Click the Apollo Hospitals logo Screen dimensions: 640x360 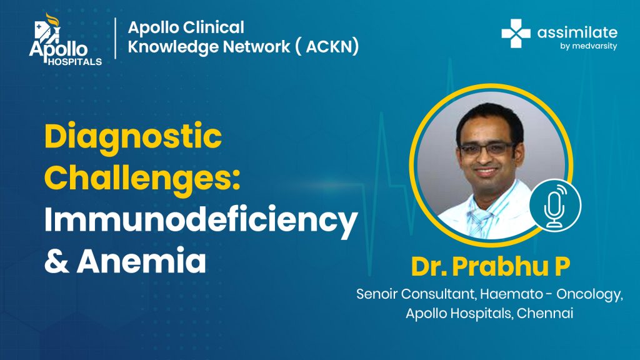click(x=65, y=39)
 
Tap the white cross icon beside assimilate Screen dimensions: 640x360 click(x=516, y=34)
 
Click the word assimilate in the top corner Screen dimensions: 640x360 click(x=577, y=32)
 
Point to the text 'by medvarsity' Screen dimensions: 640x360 click(x=588, y=46)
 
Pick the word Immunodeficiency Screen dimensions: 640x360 click(x=201, y=221)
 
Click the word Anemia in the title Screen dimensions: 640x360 click(x=141, y=261)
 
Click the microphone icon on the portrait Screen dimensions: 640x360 click(x=555, y=206)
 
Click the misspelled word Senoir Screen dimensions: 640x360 click(x=376, y=294)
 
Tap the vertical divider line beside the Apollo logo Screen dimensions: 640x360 click(x=116, y=38)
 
